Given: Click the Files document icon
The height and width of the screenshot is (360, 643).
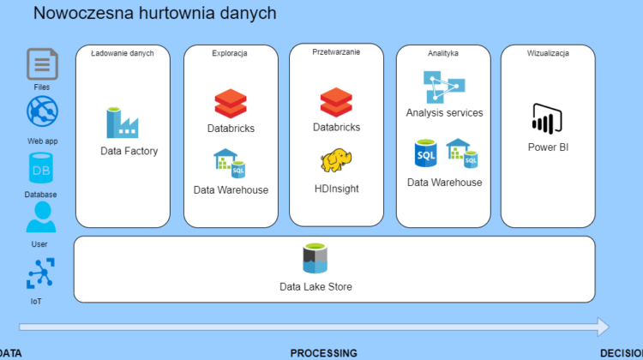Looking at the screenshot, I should click(42, 64).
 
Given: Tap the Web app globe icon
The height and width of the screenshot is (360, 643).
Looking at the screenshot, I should click(42, 112).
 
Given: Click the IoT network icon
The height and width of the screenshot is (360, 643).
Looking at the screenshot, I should click(41, 274).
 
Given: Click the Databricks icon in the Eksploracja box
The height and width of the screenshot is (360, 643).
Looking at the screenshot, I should click(230, 105).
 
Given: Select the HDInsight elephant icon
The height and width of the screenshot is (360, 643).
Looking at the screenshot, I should click(335, 160).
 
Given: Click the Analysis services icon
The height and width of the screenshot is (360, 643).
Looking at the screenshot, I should click(444, 87).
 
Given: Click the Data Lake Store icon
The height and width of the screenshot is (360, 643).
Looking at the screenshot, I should click(316, 260).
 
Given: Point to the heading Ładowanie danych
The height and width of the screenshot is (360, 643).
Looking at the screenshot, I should click(122, 53).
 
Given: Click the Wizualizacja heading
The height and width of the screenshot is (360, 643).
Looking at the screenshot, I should click(548, 53).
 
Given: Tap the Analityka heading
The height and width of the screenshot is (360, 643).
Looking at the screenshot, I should click(443, 53).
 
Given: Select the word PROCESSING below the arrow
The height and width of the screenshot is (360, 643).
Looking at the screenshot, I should click(323, 352).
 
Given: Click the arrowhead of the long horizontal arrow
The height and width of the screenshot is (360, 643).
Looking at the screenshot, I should click(602, 327).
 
